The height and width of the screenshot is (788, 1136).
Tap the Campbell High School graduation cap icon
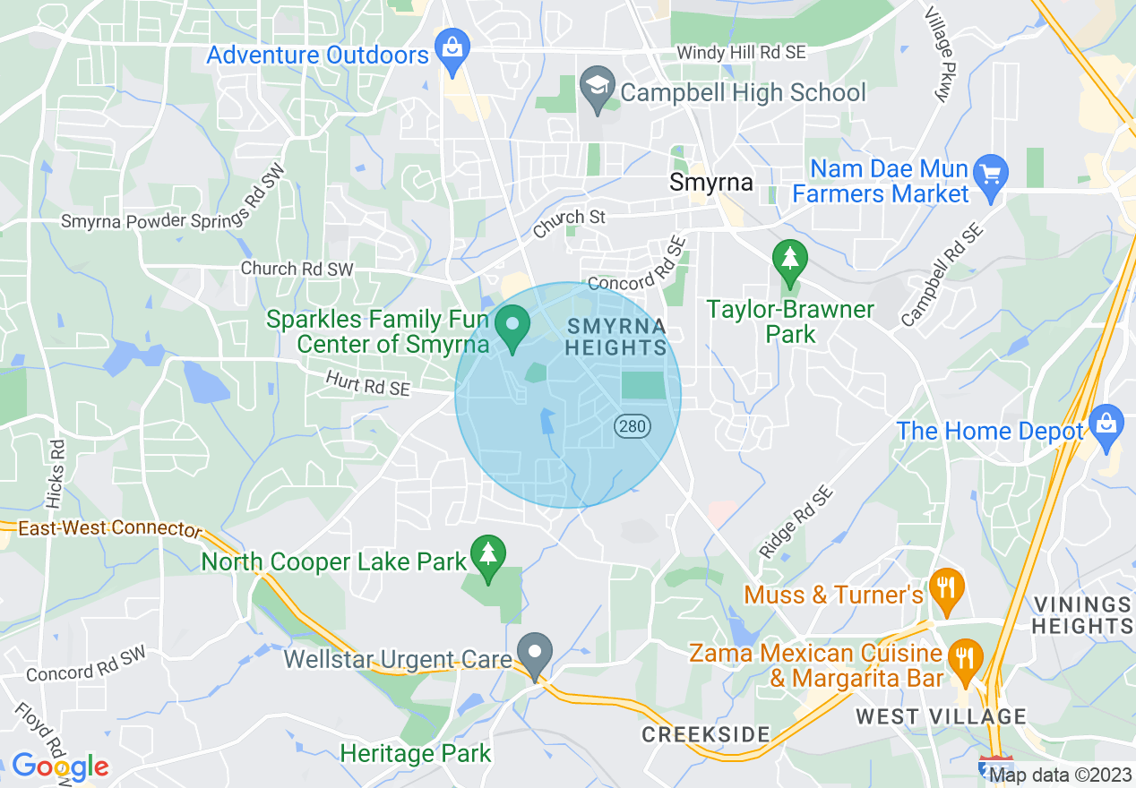pos(595,86)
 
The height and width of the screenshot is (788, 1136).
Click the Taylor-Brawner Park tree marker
pos(789,261)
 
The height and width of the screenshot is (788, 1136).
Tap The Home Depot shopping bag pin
pos(1107,425)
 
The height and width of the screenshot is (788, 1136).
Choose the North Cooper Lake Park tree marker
pos(488,557)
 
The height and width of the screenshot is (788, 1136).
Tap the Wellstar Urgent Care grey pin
pos(536,655)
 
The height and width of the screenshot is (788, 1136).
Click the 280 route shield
pos(632,426)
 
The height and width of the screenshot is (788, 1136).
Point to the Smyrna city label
pos(710,183)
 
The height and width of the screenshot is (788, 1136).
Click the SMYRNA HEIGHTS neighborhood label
pos(617,336)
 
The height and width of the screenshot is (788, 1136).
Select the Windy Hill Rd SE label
pos(741,53)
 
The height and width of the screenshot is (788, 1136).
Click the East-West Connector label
pos(110,528)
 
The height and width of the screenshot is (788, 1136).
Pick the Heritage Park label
pos(416,753)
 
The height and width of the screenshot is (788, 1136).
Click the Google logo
pos(60,767)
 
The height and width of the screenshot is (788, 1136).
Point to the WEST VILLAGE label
pos(941,716)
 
